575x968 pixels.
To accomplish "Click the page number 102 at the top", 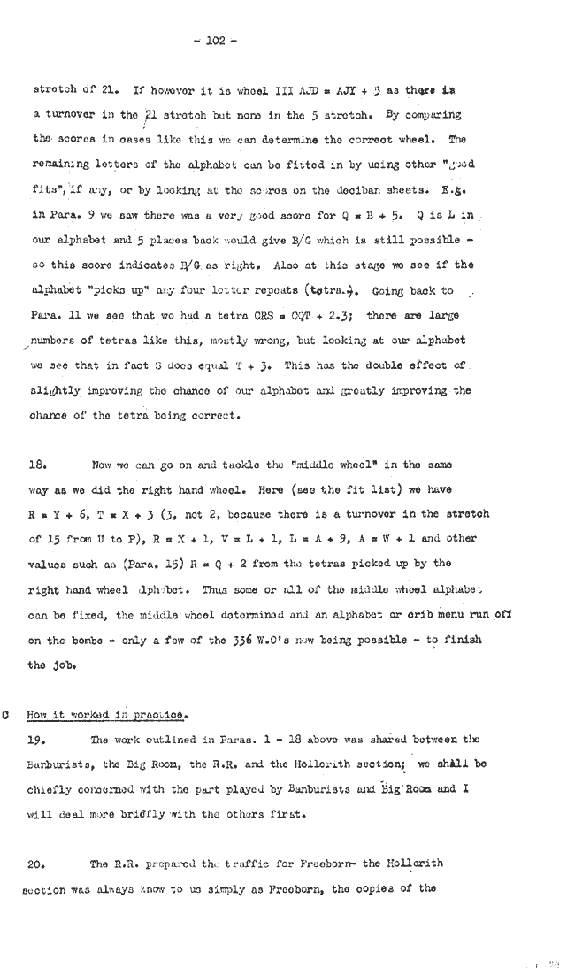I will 213,40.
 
